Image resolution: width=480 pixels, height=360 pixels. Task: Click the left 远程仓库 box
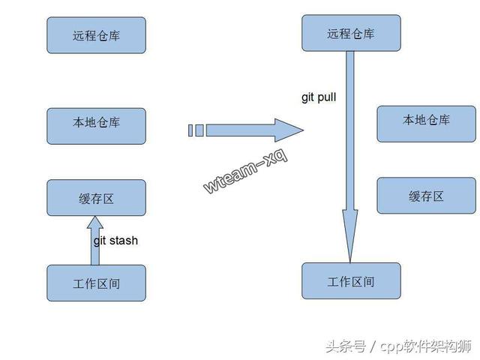pyautogui.click(x=96, y=35)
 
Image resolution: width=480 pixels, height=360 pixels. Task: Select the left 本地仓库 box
pyautogui.click(x=96, y=125)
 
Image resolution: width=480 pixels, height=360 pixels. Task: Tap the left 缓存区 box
pyautogui.click(x=96, y=198)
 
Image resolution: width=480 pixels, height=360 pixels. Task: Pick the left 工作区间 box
pyautogui.click(x=96, y=283)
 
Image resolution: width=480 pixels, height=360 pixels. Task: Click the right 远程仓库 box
pyautogui.click(x=350, y=34)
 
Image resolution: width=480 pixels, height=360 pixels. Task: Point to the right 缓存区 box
pyautogui.click(x=426, y=196)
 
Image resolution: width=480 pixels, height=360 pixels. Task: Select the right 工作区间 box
pyautogui.click(x=350, y=281)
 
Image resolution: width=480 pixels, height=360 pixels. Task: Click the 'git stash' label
pyautogui.click(x=115, y=241)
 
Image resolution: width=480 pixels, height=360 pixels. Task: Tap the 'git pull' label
pyautogui.click(x=318, y=97)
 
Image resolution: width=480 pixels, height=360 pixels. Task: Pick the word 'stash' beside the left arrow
pyautogui.click(x=124, y=241)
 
